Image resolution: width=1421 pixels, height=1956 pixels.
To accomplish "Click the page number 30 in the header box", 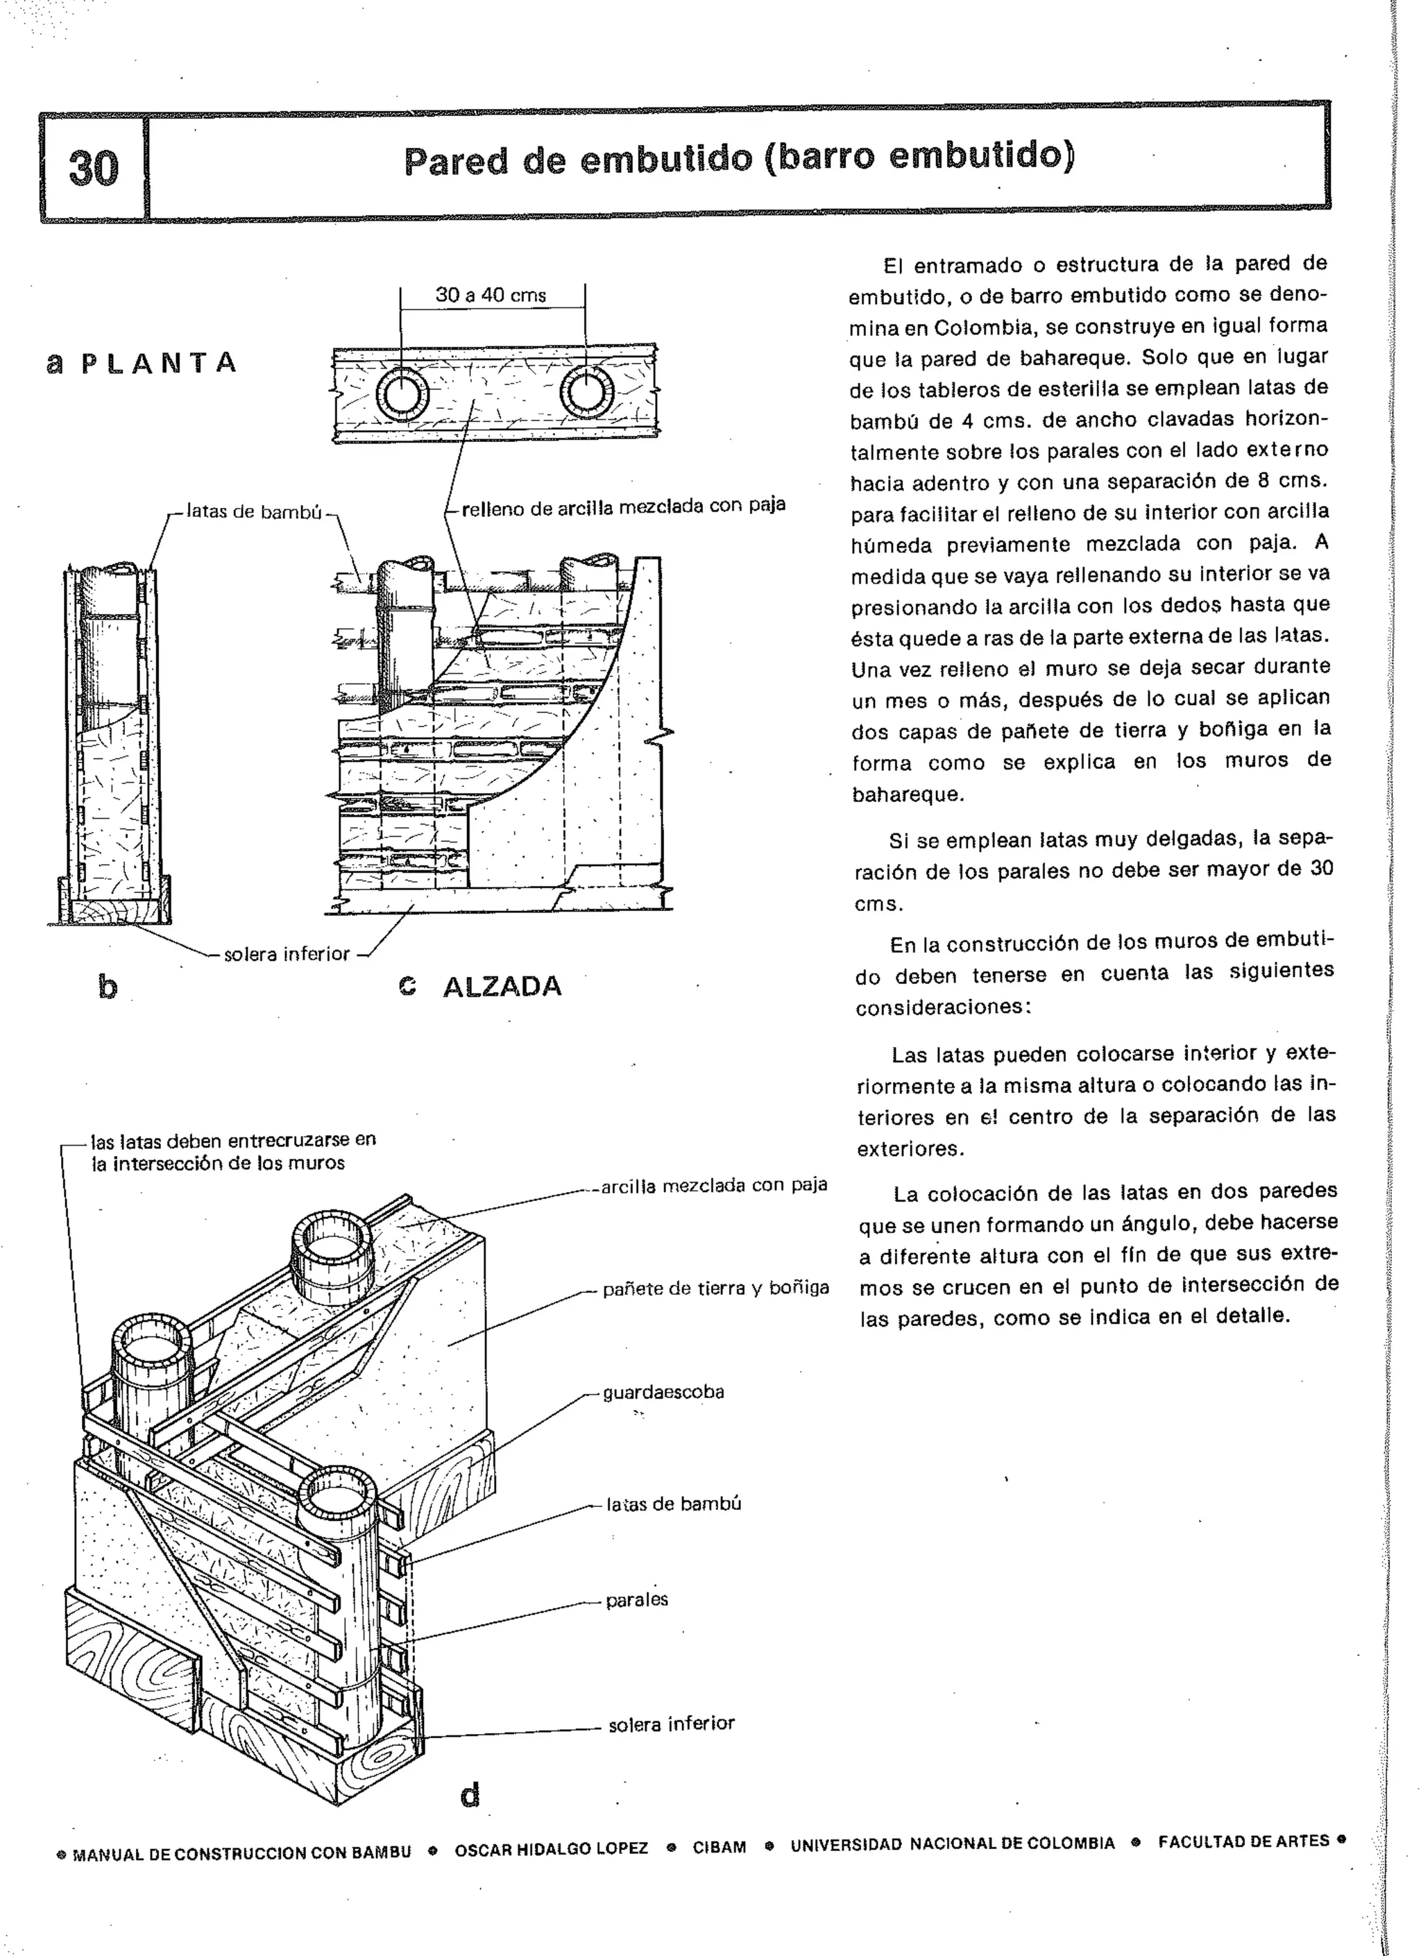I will (93, 167).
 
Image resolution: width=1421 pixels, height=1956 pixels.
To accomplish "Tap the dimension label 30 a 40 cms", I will (491, 295).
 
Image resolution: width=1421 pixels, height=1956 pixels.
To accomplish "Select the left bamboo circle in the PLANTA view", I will (401, 395).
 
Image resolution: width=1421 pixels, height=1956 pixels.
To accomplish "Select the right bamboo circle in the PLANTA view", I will (586, 393).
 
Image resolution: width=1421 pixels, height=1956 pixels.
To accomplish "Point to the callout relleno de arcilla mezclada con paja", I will (623, 507).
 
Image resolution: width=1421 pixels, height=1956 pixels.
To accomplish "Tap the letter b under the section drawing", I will (107, 987).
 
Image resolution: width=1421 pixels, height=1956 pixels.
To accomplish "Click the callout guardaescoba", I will (663, 1392).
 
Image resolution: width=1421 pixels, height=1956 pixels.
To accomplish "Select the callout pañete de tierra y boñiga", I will (715, 1289).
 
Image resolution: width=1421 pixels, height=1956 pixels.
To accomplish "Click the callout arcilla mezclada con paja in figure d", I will (714, 1186).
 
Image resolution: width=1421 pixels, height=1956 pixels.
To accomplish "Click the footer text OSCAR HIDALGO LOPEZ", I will (551, 1849).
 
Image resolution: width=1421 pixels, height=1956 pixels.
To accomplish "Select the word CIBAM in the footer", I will (719, 1847).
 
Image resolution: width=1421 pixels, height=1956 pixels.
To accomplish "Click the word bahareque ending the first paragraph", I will (907, 794).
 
